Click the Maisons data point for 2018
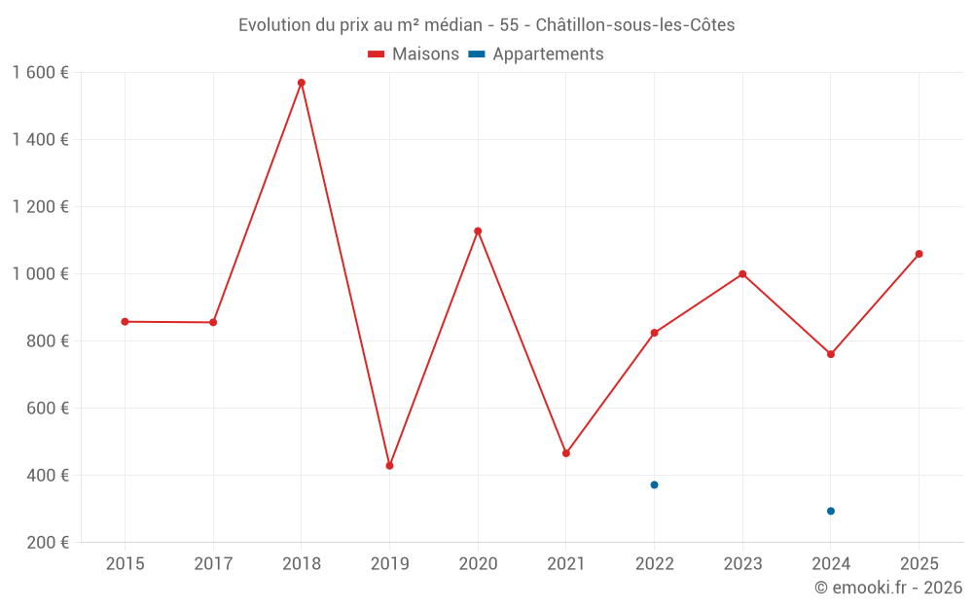tap(302, 83)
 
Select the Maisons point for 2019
tap(389, 466)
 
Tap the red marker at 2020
tap(478, 232)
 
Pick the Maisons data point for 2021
tap(566, 453)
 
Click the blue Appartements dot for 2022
tap(654, 484)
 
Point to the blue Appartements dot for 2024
tap(831, 511)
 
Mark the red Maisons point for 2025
tap(919, 254)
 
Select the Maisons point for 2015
tap(125, 322)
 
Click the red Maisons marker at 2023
tap(742, 274)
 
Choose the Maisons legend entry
tap(414, 54)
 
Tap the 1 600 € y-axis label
tap(40, 73)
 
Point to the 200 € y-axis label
tap(47, 543)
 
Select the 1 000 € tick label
tap(40, 274)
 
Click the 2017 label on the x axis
tap(213, 564)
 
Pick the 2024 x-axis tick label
tap(831, 564)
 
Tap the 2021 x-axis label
tap(566, 564)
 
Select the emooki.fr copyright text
tap(888, 588)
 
